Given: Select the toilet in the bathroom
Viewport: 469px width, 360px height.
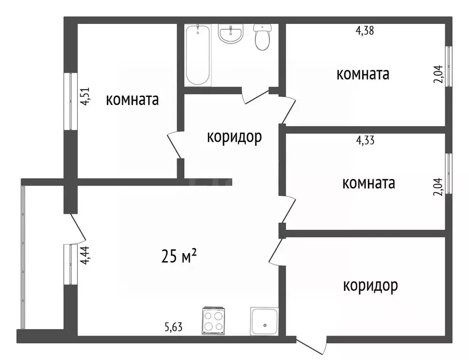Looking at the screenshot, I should click(x=262, y=37).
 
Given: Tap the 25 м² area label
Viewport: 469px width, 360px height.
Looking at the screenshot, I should click(x=179, y=256).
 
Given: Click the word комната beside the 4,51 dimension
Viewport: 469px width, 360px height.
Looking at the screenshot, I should click(x=132, y=100).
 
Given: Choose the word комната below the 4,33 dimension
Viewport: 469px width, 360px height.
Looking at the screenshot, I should click(x=369, y=183).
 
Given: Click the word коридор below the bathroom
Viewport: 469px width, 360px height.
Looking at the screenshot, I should click(x=234, y=137).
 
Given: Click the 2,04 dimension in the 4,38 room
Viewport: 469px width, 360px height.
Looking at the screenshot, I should click(x=438, y=75).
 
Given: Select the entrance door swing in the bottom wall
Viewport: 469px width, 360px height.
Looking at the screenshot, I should click(x=312, y=346).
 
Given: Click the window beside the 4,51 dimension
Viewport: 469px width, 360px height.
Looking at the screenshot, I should click(x=70, y=101).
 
